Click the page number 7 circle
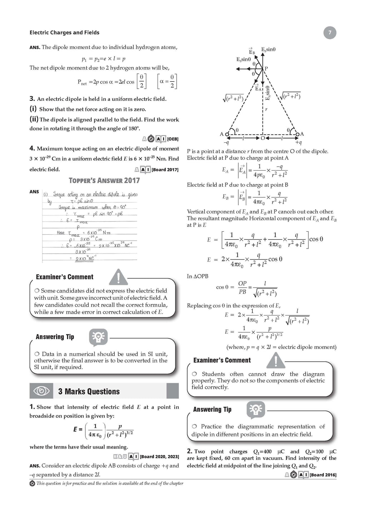coord(330,33)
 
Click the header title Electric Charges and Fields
coord(64,33)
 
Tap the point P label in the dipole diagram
coord(266,68)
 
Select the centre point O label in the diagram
coord(263,138)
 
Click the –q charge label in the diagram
coord(226,142)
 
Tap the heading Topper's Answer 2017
coord(104,180)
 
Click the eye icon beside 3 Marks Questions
coord(41,391)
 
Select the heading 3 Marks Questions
coord(89,392)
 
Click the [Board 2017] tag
coord(165,170)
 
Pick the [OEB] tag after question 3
coord(173,139)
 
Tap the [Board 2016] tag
coord(323,475)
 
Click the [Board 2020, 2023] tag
coord(159,456)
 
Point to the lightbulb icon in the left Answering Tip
coord(98,337)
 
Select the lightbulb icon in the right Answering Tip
coord(255,409)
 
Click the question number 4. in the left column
coord(32,148)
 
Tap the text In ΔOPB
coord(197,276)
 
